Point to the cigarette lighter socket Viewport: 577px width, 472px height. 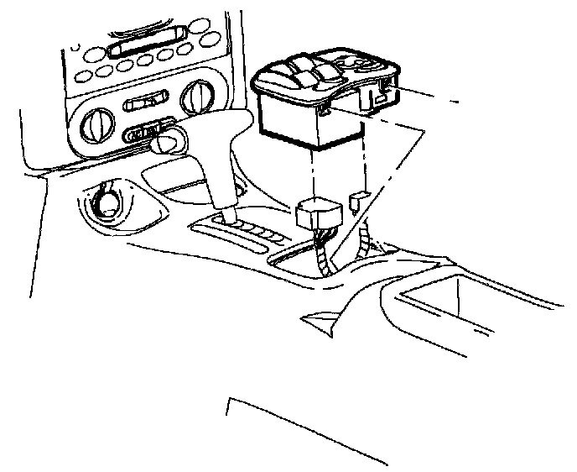[107, 202]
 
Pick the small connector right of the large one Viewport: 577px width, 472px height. [358, 199]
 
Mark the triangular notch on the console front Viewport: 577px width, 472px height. [317, 317]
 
